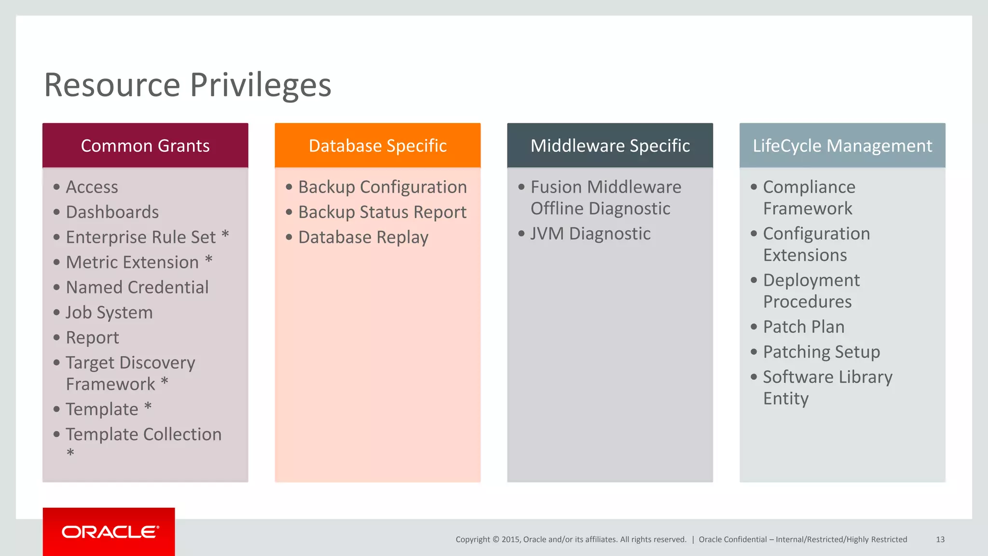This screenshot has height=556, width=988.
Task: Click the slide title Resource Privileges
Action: click(x=187, y=85)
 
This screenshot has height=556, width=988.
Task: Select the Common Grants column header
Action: click(x=145, y=146)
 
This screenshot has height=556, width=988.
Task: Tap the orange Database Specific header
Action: click(x=378, y=146)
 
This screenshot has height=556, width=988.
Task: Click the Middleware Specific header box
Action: click(x=610, y=146)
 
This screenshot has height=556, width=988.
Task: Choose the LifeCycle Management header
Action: click(x=842, y=146)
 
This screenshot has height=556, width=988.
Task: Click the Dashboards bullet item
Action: click(x=112, y=212)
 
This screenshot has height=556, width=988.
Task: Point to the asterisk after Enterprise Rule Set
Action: click(x=225, y=236)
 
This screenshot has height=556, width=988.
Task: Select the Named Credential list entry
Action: click(x=137, y=288)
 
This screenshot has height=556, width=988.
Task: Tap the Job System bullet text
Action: click(x=109, y=313)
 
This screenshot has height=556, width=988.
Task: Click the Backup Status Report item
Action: click(x=382, y=212)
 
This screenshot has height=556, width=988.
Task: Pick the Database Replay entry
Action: click(x=363, y=237)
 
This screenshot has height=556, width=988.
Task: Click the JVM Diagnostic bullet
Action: click(x=590, y=234)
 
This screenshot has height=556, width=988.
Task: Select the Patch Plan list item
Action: click(x=804, y=327)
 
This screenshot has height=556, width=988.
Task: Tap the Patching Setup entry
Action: click(x=821, y=352)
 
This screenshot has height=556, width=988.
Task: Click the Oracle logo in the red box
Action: click(x=110, y=532)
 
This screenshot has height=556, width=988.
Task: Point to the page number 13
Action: click(x=940, y=540)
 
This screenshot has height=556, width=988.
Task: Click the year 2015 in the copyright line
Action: click(x=511, y=540)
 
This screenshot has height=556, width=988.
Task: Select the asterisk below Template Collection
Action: click(x=70, y=453)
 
